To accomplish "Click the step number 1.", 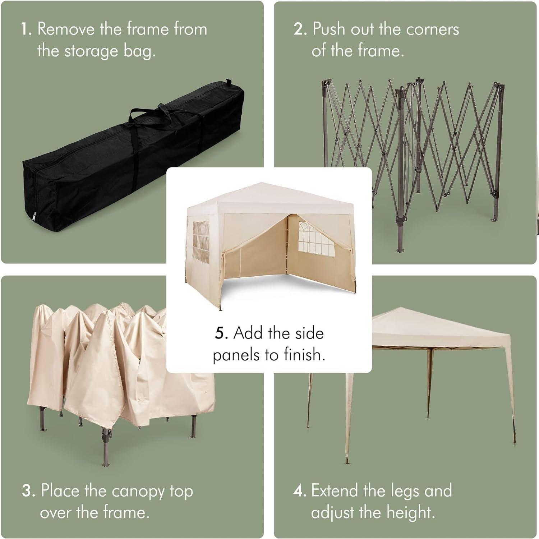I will [26, 29].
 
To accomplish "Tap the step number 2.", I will [300, 29].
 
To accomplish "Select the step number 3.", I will [28, 491].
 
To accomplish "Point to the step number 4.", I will [299, 491].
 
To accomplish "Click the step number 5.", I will [221, 333].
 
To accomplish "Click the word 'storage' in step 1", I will [91, 51].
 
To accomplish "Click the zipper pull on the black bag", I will [34, 217].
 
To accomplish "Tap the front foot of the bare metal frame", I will [400, 248].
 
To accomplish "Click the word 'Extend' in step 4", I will [334, 491].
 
